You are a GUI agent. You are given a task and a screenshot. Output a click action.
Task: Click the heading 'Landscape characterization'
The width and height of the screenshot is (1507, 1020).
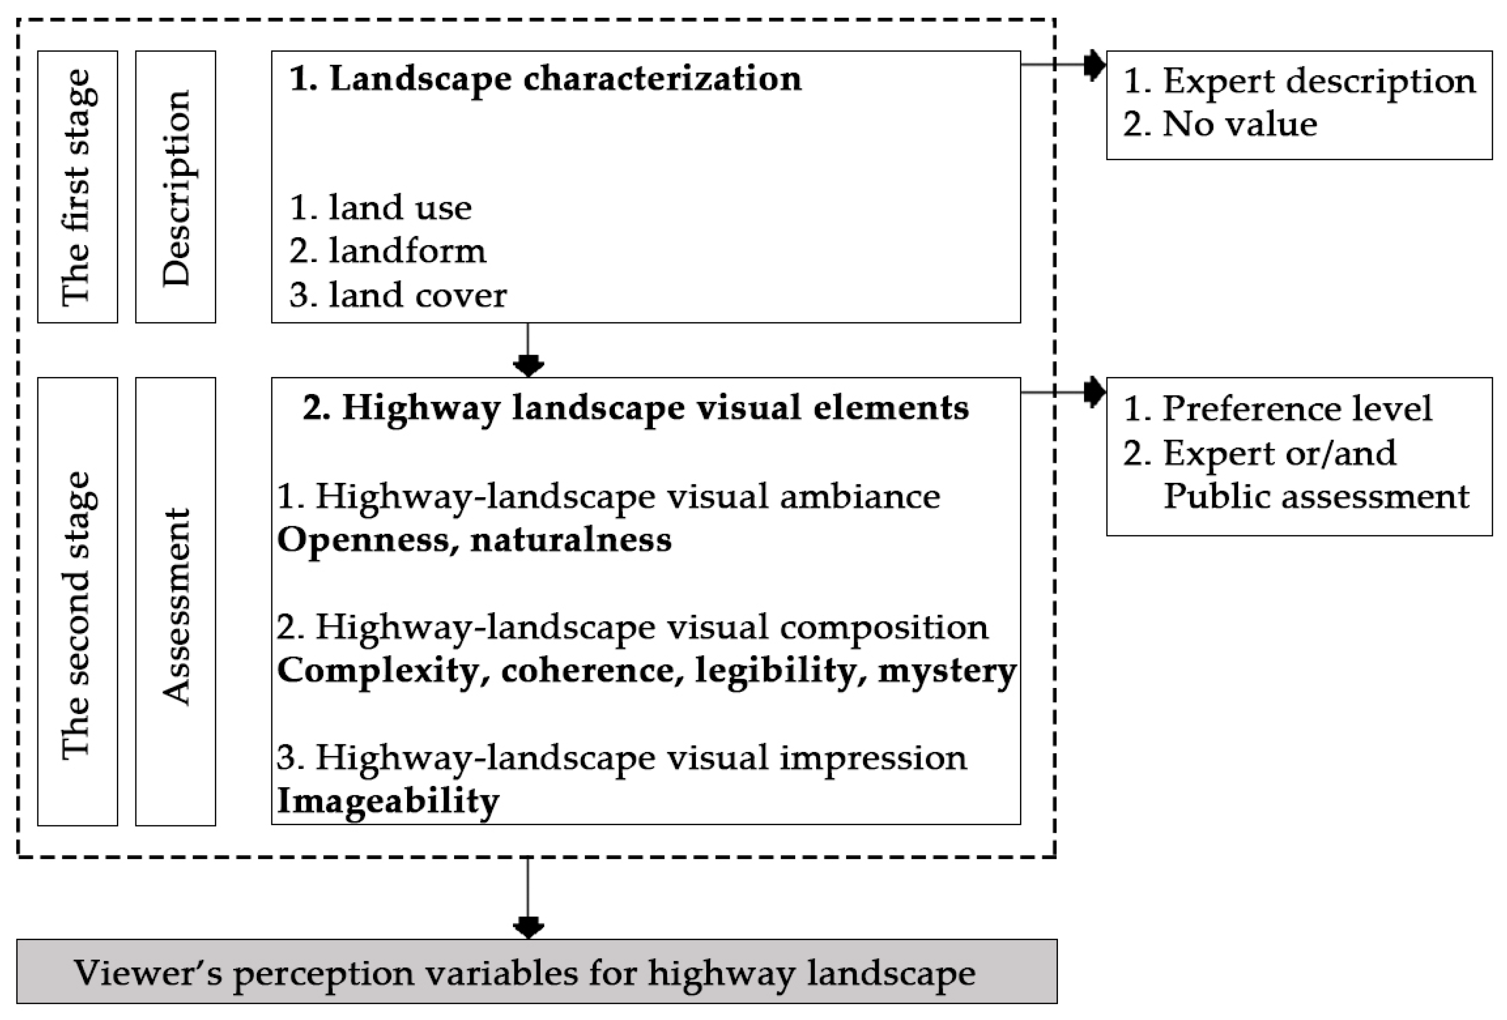pyautogui.click(x=544, y=79)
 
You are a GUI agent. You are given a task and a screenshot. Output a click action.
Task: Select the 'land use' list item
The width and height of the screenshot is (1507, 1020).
pyautogui.click(x=381, y=207)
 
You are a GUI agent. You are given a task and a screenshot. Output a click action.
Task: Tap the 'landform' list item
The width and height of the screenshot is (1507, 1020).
pyautogui.click(x=388, y=251)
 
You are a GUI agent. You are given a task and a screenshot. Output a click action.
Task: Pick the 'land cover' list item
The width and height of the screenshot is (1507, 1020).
pyautogui.click(x=398, y=295)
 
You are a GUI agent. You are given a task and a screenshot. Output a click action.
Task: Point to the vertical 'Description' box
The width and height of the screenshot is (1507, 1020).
pyautogui.click(x=175, y=187)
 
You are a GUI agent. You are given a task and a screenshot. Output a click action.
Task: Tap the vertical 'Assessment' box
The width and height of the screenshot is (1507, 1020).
pyautogui.click(x=175, y=607)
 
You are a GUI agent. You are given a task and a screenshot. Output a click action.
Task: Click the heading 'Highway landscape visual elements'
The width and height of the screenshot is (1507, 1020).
pyautogui.click(x=635, y=407)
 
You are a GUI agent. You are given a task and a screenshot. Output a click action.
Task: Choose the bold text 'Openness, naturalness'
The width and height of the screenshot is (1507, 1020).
pyautogui.click(x=474, y=539)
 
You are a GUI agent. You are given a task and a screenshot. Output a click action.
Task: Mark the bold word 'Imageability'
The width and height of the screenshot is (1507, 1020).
pyautogui.click(x=388, y=800)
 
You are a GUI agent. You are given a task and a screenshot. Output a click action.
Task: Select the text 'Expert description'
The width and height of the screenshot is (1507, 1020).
pyautogui.click(x=1299, y=81)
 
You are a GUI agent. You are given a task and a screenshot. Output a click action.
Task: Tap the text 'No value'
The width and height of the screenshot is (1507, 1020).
pyautogui.click(x=1220, y=124)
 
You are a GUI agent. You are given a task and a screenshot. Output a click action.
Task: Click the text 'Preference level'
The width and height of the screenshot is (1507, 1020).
pyautogui.click(x=1277, y=408)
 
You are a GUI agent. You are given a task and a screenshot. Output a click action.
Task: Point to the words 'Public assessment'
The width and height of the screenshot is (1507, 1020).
pyautogui.click(x=1316, y=496)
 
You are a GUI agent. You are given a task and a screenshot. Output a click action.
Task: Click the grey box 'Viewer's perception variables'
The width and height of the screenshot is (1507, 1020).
pyautogui.click(x=536, y=972)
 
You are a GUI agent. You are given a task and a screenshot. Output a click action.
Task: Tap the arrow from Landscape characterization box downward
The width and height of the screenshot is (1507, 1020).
pyautogui.click(x=528, y=353)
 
